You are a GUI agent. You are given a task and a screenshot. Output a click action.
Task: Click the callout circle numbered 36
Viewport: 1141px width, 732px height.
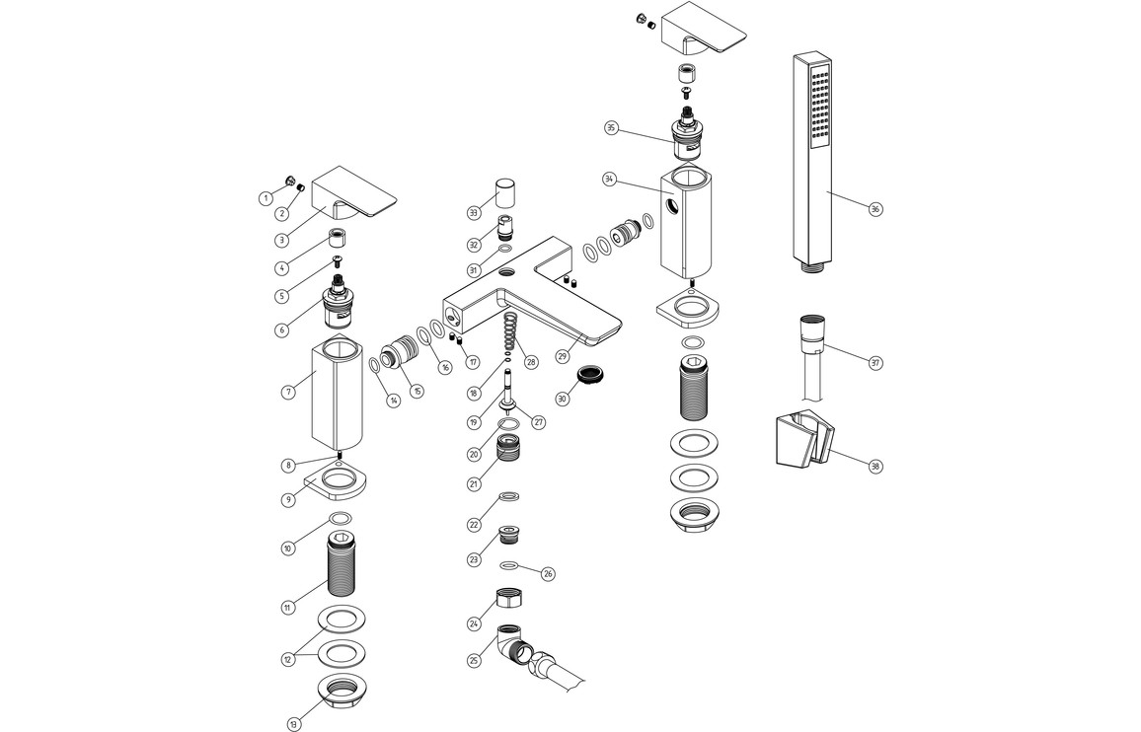(x=875, y=208)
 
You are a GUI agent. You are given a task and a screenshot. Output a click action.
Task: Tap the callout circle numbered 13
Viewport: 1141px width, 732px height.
(x=293, y=724)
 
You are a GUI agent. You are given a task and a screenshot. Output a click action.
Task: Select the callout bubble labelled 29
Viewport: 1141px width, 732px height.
(x=563, y=356)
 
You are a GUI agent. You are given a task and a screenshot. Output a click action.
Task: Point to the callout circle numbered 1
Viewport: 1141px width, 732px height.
(x=266, y=198)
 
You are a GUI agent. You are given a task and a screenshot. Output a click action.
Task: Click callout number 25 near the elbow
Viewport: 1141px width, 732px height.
(x=474, y=660)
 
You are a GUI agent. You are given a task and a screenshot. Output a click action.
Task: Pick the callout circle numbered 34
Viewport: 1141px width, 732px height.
(x=609, y=180)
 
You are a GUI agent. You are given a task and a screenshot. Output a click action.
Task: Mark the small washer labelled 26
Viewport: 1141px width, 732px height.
(x=509, y=565)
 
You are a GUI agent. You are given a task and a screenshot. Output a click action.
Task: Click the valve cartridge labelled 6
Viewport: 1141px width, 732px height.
(x=340, y=305)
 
